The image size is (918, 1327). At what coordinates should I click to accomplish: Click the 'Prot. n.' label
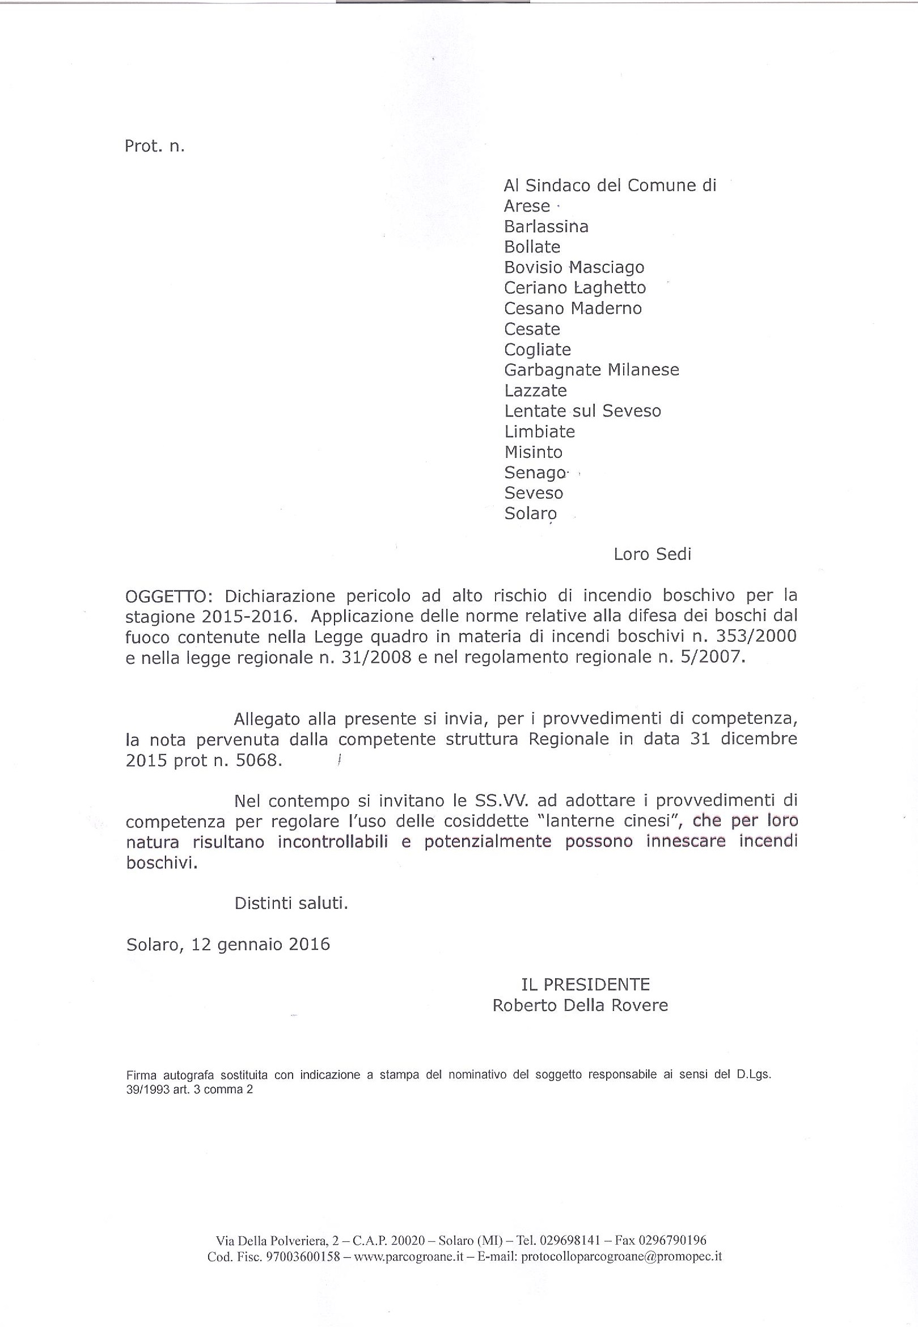click(154, 146)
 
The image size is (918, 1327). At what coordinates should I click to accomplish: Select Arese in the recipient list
click(526, 206)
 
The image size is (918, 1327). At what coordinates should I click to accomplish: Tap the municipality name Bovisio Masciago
click(573, 268)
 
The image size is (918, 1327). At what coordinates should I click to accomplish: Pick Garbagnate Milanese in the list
click(591, 369)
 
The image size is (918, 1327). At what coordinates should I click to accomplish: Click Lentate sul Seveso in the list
click(582, 411)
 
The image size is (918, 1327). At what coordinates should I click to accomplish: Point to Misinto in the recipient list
click(532, 452)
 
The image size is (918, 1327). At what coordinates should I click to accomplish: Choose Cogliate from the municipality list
click(537, 350)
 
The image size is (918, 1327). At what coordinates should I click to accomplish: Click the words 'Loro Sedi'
click(652, 554)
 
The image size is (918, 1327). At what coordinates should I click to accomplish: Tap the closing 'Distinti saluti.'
click(291, 903)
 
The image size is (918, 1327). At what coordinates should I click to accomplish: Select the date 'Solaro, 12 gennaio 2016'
click(228, 944)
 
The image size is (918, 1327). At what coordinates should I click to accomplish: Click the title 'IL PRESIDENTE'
click(585, 984)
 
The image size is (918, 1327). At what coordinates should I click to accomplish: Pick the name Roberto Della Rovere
click(580, 1005)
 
